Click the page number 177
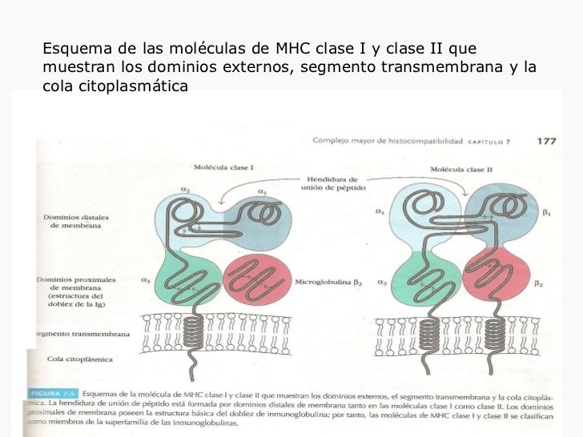547,141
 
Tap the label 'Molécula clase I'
224,168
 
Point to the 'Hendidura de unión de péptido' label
330,183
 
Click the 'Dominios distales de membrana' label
73,220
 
